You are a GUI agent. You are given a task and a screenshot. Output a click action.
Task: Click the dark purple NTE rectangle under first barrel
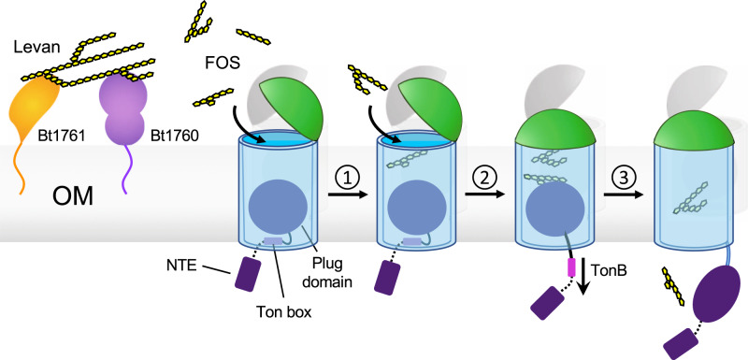point(248,273)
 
